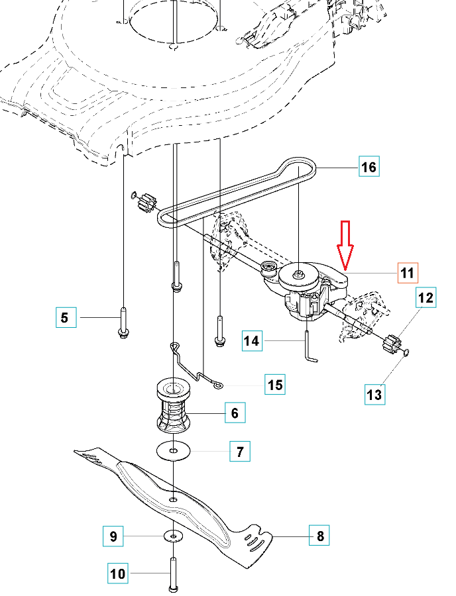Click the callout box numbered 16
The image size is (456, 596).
pos(369,166)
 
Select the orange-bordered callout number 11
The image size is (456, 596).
pos(408,273)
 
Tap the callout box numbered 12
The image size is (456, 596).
pos(426,297)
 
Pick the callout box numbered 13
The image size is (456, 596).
pos(374,394)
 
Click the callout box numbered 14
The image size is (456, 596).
pos(252,340)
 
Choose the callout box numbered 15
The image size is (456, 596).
pos(275,384)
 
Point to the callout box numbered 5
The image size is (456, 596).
pos(66,317)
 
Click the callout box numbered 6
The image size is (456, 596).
pos(235,413)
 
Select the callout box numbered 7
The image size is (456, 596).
pos(240,451)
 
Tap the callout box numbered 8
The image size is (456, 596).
pos(319,535)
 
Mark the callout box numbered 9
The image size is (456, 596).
pos(113,536)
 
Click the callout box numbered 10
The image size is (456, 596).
pos(118,573)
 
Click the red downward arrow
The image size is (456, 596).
pos(345,245)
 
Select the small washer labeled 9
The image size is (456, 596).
pos(174,536)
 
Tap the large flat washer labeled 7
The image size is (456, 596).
pos(174,451)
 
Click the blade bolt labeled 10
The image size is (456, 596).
pos(173,575)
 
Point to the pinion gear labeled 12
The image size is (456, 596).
pos(391,343)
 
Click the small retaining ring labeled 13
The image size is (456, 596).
pos(406,352)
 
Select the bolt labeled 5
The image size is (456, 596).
pos(123,323)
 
